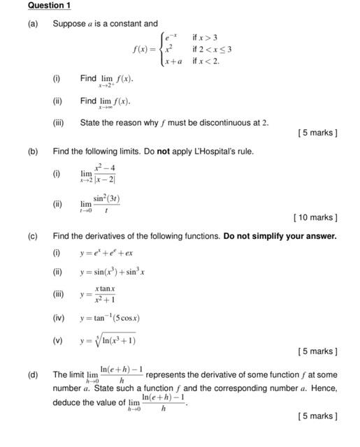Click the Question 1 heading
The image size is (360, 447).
[x=49, y=6]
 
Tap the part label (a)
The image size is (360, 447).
[x=33, y=24]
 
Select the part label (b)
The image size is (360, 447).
[x=33, y=151]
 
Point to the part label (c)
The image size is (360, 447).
[x=33, y=236]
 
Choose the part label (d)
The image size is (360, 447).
[x=33, y=374]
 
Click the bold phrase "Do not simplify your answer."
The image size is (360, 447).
[x=280, y=236]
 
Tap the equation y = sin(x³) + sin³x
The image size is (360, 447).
[x=112, y=272]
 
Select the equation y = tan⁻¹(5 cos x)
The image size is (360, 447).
[x=110, y=318]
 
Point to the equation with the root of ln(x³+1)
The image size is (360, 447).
[x=108, y=341]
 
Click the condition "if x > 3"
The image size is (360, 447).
[x=206, y=36]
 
